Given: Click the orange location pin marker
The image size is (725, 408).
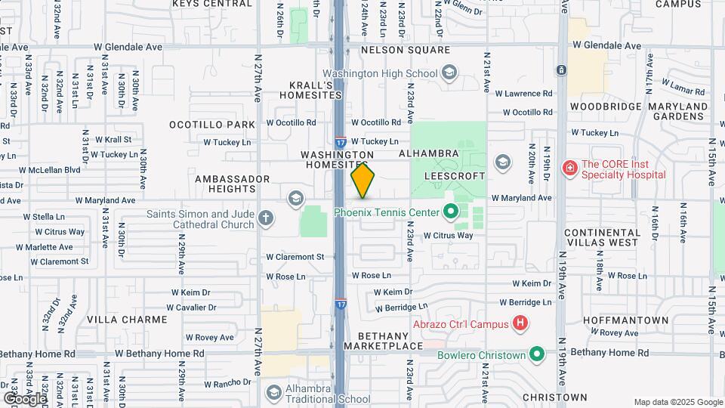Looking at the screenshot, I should point(362,180).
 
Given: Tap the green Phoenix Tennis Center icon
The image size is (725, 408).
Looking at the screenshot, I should point(451,212).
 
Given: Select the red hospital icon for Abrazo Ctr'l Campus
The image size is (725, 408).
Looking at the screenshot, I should point(520,324).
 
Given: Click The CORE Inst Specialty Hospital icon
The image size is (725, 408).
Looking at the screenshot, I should point(570,168).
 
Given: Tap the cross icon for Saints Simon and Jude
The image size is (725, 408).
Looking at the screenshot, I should point(265,218).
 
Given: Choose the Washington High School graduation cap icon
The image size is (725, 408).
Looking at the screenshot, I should point(449,73).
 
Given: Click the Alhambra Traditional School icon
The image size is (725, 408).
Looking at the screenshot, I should point(273,393).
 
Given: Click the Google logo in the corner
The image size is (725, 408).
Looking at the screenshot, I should point(24,398).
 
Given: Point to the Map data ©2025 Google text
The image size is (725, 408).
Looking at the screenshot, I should point(677,402).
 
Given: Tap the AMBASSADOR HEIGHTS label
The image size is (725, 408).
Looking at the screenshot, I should point(233,184).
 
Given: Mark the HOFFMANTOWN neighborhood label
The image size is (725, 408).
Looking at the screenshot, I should point(625,320).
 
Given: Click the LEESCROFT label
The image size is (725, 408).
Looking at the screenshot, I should point(453,174).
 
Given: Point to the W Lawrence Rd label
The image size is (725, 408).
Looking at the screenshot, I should point(523,94).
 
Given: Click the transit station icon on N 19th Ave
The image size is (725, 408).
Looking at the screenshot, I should point(561,70).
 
